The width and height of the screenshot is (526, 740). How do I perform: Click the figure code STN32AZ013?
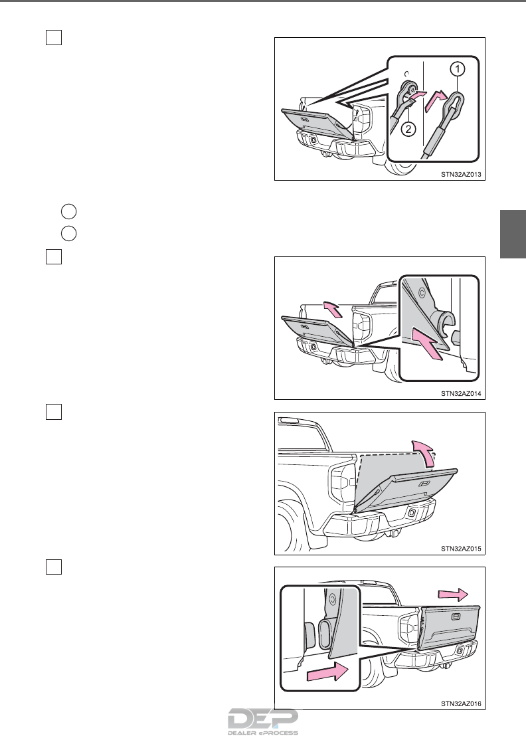[461, 174]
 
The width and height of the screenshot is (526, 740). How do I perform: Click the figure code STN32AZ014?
[461, 393]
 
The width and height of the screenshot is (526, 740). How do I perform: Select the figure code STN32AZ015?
[461, 549]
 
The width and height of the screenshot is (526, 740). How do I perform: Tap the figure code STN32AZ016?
[461, 703]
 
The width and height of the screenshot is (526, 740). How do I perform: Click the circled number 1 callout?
[457, 69]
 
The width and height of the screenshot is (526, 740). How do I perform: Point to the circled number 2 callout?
[408, 129]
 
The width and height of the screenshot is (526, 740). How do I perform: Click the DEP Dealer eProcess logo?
[263, 722]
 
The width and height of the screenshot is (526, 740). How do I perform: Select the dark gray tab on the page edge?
[513, 234]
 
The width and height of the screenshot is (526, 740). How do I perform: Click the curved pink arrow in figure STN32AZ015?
[424, 452]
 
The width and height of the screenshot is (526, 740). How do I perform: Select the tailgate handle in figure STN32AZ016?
[456, 616]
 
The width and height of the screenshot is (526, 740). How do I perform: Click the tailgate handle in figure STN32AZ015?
[424, 484]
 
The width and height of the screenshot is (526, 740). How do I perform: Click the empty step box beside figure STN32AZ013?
[54, 37]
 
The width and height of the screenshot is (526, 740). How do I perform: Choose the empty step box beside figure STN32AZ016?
[54, 567]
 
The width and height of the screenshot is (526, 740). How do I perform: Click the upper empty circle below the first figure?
[69, 211]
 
